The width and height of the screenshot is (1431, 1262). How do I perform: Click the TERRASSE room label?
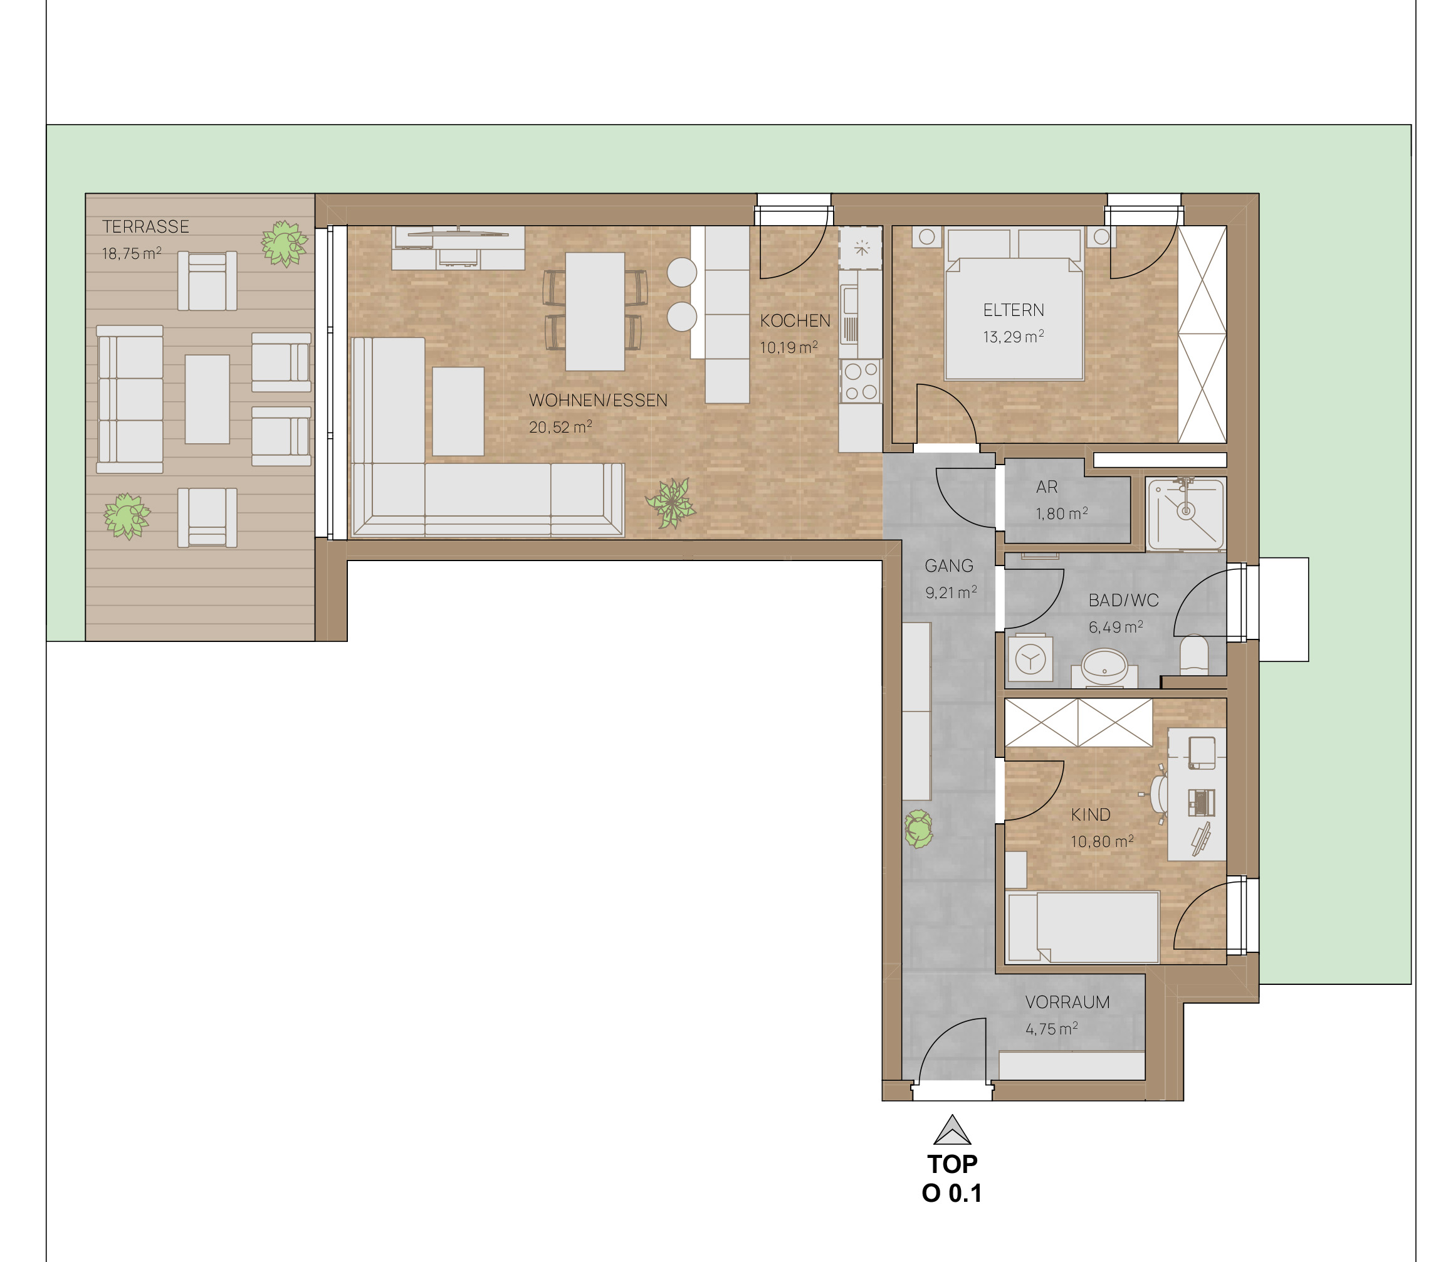coord(145,227)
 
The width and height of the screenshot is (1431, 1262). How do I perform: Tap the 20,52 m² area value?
coord(561,426)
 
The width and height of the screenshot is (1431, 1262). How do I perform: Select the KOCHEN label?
coord(795,321)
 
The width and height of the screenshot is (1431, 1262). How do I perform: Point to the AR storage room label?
coord(1047,486)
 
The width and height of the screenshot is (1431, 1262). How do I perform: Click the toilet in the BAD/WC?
coord(1193,655)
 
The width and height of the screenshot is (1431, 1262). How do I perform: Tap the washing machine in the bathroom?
coord(1030,658)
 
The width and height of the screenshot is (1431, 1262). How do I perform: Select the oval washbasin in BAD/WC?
coord(1105,665)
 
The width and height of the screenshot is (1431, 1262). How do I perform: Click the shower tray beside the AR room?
coord(1186,513)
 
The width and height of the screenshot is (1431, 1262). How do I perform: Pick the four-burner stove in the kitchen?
coord(861,381)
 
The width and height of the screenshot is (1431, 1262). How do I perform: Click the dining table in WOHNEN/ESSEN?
coord(595,312)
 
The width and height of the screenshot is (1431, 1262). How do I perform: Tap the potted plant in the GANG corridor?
coord(918,829)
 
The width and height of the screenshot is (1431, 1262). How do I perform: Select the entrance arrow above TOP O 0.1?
coord(952,1130)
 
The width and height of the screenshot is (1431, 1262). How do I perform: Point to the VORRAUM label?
coord(1067,1002)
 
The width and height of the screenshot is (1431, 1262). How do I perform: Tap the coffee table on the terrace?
coord(207,399)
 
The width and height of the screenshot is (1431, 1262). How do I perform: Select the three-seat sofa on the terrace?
coord(130,399)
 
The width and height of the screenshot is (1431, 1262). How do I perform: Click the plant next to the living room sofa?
coord(671,503)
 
